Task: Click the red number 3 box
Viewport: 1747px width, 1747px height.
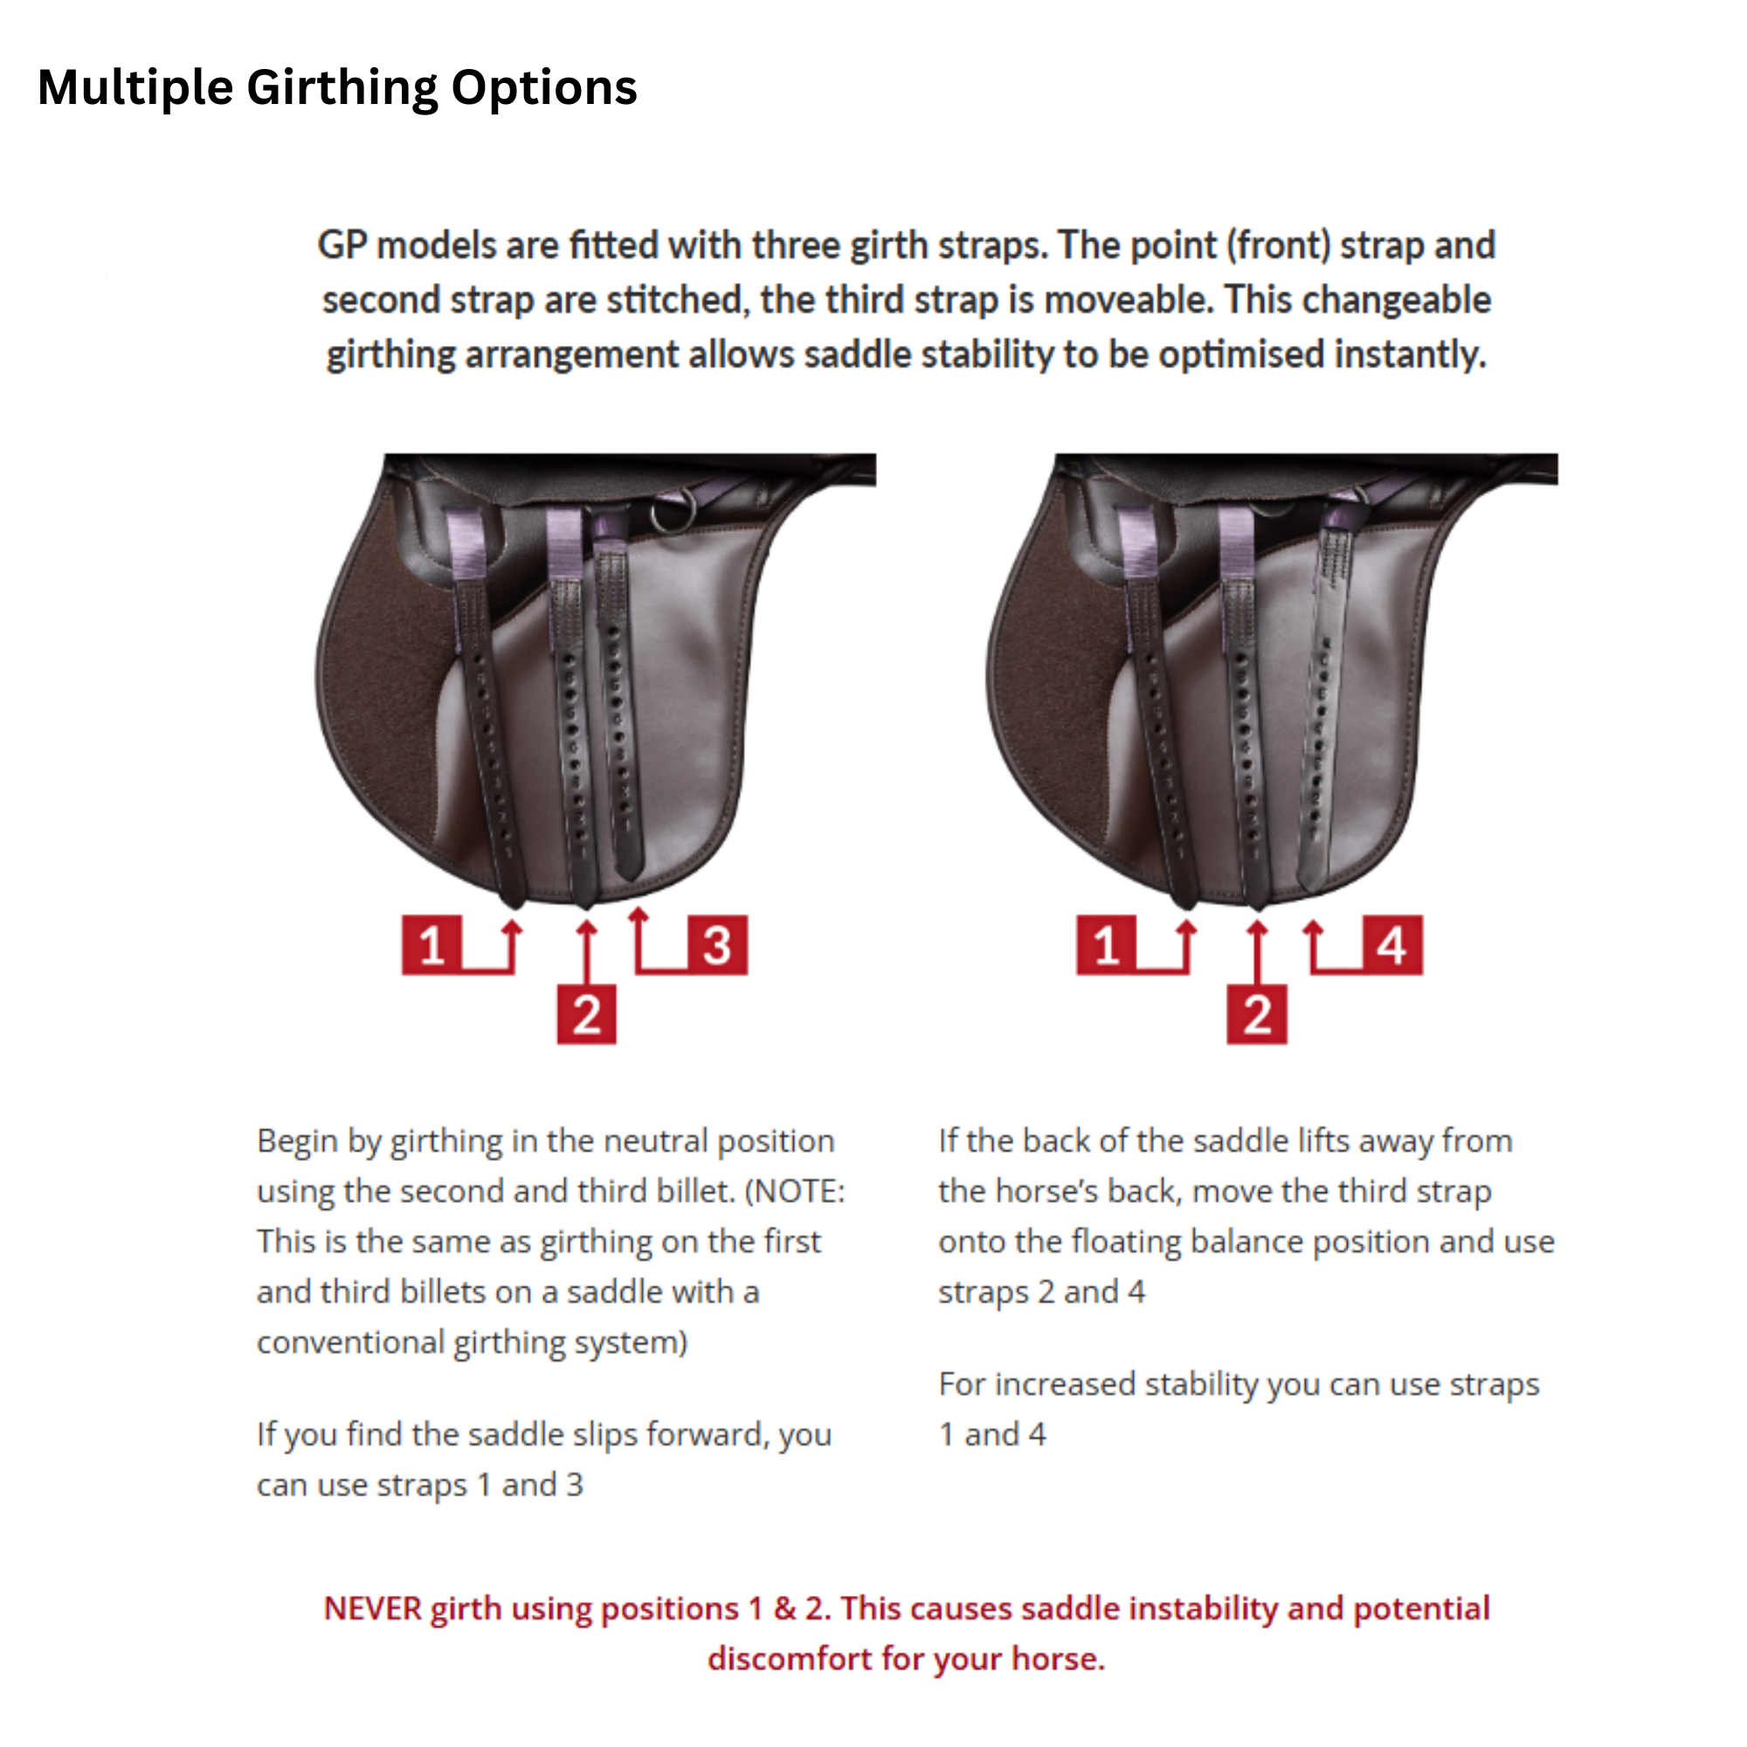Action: [717, 945]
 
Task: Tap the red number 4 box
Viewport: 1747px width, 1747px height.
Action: [1391, 945]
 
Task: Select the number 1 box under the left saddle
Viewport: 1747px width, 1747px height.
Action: [432, 945]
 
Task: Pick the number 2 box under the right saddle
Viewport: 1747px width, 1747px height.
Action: [1256, 1014]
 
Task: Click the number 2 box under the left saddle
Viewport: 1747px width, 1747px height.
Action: [586, 1014]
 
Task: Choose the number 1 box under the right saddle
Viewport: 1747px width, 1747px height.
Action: [1106, 945]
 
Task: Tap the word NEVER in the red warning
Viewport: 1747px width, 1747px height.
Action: [373, 1609]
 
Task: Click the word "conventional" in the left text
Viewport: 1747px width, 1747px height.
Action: [351, 1342]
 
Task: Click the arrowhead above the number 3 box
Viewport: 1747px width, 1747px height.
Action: [639, 915]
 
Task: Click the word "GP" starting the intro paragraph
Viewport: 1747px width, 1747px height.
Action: [342, 246]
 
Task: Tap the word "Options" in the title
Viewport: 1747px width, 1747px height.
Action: [543, 88]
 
